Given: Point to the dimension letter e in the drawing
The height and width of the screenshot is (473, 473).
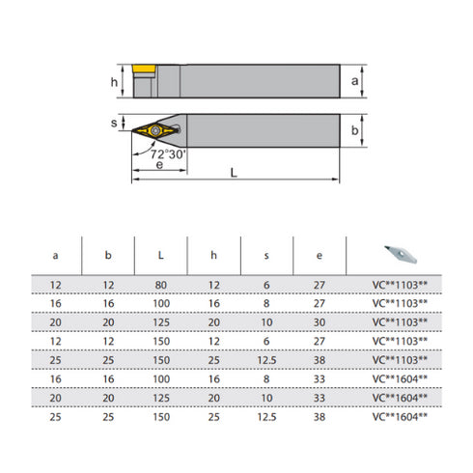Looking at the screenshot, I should pyautogui.click(x=157, y=166).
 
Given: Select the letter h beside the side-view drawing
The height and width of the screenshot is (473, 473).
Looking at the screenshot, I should pyautogui.click(x=114, y=83).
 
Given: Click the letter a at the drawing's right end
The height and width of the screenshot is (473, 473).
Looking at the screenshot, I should pyautogui.click(x=355, y=82).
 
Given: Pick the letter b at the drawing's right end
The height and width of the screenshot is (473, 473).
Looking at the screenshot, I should pyautogui.click(x=355, y=130).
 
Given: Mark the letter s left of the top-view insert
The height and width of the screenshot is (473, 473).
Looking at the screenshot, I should pyautogui.click(x=114, y=125).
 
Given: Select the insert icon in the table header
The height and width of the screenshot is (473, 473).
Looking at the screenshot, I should pyautogui.click(x=400, y=253).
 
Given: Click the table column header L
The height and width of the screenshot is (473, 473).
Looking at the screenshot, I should pyautogui.click(x=159, y=256).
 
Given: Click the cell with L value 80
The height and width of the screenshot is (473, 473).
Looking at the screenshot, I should pyautogui.click(x=159, y=284).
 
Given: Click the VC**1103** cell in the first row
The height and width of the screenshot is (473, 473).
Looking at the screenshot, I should pyautogui.click(x=400, y=284).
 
